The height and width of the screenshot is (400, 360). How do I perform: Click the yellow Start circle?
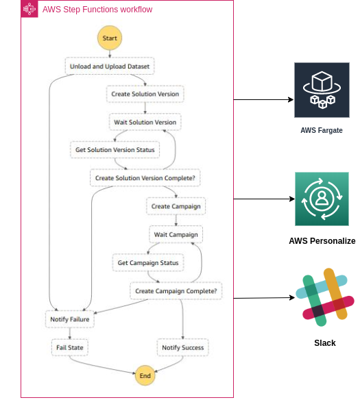110,38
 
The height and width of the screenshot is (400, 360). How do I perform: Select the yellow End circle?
145,375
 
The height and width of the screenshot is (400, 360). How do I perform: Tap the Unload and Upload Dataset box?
110,66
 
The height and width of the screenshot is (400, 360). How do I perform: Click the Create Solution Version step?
145,94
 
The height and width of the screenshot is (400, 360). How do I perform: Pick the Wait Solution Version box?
145,122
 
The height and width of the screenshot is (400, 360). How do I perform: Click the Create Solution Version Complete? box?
145,177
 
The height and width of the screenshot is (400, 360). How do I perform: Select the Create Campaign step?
176,205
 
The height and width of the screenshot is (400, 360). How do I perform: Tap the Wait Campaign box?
176,234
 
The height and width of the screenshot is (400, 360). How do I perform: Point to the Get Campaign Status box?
147,262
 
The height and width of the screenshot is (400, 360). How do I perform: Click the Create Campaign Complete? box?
176,291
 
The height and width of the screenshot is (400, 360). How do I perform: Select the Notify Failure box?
70,319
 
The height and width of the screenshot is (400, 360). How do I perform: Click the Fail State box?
70,347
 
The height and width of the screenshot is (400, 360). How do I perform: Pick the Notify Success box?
182,347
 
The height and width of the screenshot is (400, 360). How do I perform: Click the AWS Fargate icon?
322,90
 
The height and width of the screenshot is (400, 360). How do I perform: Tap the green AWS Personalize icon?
322,199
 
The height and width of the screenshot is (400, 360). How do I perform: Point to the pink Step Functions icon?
29,9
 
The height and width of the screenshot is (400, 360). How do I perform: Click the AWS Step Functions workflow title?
97,10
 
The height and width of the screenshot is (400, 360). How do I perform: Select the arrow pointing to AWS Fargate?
263,99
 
